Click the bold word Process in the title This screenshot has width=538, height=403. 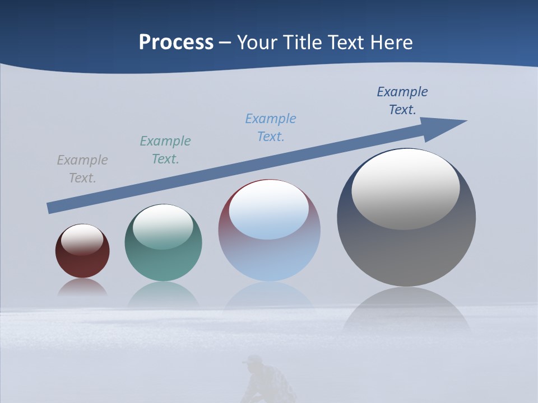[x=176, y=43]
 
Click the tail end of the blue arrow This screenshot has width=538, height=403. [x=49, y=208]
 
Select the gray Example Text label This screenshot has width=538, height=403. [x=82, y=169]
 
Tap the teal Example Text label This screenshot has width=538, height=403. [x=165, y=150]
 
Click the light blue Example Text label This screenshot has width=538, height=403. [x=271, y=128]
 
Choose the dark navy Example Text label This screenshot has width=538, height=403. [x=402, y=101]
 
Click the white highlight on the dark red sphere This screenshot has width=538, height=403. [x=82, y=240]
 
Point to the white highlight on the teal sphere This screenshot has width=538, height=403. [x=163, y=227]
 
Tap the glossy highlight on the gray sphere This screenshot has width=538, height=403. [x=406, y=188]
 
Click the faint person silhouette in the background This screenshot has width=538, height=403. [x=268, y=381]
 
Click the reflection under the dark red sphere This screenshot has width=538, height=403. [x=82, y=288]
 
